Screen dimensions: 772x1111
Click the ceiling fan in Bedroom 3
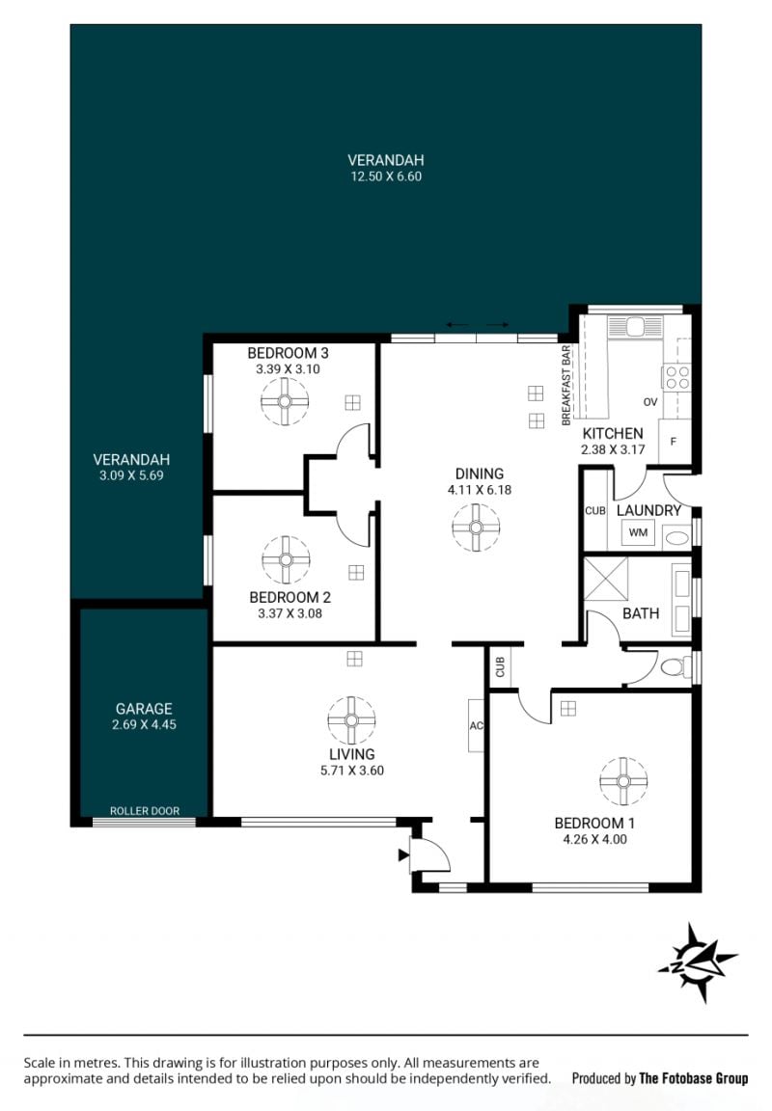(x=285, y=401)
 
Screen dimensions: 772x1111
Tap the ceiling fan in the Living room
(x=351, y=719)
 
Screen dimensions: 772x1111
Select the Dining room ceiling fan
(x=477, y=528)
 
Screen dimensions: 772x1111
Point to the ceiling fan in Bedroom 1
(x=623, y=781)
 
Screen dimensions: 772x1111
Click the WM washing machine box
(x=638, y=532)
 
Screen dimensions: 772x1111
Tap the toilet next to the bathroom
(x=675, y=666)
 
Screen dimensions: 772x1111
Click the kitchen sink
(x=634, y=326)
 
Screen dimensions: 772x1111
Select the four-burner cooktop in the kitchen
(x=676, y=376)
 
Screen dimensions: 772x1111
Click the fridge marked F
(x=674, y=442)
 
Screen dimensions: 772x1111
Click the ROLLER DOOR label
(x=145, y=810)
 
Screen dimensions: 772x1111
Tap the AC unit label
(x=476, y=725)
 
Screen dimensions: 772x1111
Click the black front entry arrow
(x=404, y=855)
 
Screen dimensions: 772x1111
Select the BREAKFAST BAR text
(x=565, y=385)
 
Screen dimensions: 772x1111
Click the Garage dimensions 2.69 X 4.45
(x=144, y=724)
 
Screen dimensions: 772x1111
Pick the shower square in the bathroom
(x=606, y=579)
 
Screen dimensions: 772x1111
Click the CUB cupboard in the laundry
(x=595, y=510)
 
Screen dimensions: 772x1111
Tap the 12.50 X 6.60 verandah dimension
(x=386, y=176)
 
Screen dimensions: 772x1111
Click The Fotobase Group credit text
(x=693, y=1078)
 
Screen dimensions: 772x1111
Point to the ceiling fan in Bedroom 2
(x=286, y=559)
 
